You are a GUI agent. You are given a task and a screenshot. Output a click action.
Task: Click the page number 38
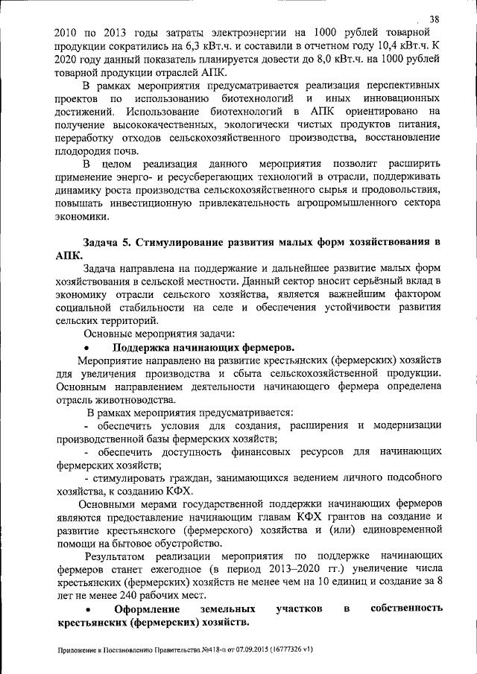(x=435, y=18)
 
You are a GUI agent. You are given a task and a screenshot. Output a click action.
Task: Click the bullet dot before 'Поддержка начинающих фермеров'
(x=88, y=348)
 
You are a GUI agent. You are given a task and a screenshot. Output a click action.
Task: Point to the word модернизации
(x=406, y=426)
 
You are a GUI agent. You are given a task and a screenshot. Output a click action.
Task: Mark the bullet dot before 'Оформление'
(x=88, y=610)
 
